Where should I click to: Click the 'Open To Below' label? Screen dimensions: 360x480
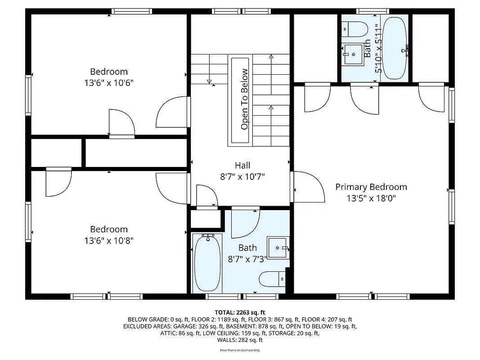pyautogui.click(x=244, y=99)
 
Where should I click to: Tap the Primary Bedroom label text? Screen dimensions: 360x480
pyautogui.click(x=371, y=187)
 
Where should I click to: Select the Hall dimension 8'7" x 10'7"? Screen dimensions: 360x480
pyautogui.click(x=242, y=177)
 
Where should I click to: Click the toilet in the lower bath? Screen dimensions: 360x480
pyautogui.click(x=272, y=279)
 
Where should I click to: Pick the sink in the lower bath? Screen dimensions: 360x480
pyautogui.click(x=278, y=247)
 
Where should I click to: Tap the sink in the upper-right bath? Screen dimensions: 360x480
pyautogui.click(x=353, y=54)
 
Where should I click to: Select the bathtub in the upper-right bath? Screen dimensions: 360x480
pyautogui.click(x=395, y=49)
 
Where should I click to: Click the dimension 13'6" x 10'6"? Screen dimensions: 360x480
pyautogui.click(x=109, y=83)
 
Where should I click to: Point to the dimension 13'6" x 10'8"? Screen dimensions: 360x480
pyautogui.click(x=109, y=241)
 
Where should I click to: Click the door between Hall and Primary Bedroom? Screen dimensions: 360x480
pyautogui.click(x=309, y=187)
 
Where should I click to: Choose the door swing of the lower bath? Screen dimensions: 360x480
pyautogui.click(x=245, y=224)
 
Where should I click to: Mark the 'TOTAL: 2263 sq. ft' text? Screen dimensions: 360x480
pyautogui.click(x=240, y=312)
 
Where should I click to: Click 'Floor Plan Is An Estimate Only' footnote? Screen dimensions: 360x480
pyautogui.click(x=240, y=350)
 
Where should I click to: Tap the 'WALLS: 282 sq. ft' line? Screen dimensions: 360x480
pyautogui.click(x=240, y=340)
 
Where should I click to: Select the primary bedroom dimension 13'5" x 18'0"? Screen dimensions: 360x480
pyautogui.click(x=371, y=198)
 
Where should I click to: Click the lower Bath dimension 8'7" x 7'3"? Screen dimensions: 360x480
pyautogui.click(x=247, y=258)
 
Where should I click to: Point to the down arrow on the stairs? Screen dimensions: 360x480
pyautogui.click(x=210, y=81)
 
